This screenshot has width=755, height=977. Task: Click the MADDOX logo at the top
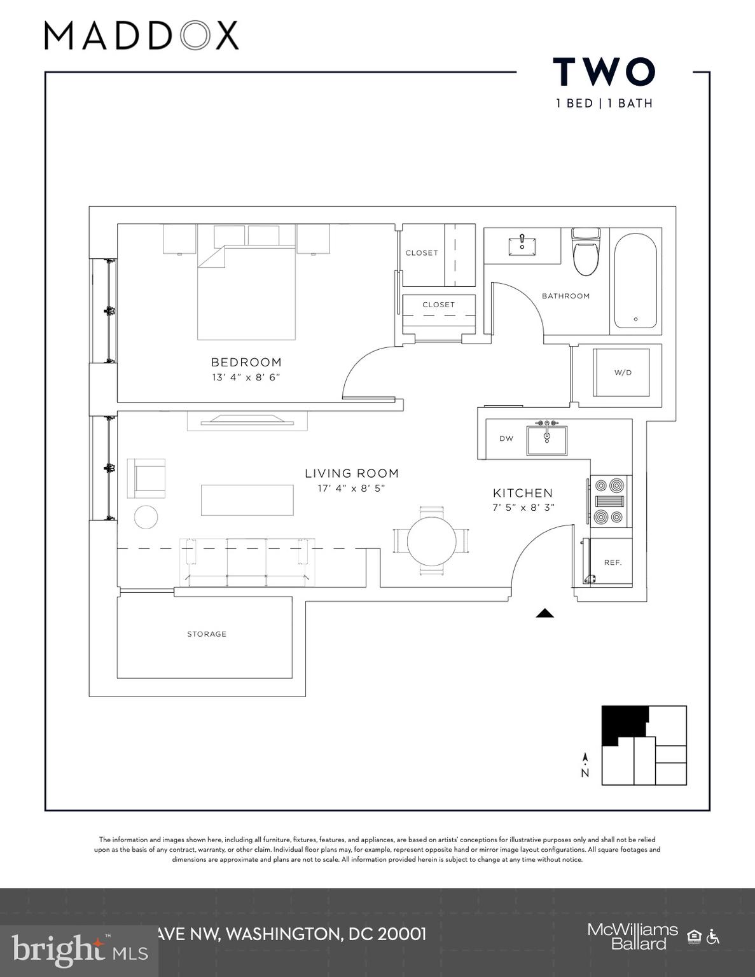click(141, 36)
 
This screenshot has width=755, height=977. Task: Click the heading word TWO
click(604, 72)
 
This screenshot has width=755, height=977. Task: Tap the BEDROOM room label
click(246, 363)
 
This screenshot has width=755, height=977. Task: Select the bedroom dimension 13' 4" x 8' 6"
click(246, 378)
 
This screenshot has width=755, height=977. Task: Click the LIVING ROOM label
click(352, 473)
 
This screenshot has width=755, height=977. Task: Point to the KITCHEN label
click(523, 493)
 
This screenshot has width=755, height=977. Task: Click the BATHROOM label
click(565, 296)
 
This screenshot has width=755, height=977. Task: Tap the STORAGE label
click(207, 634)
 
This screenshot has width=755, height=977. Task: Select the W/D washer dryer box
click(621, 372)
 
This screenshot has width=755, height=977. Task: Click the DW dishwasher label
click(506, 439)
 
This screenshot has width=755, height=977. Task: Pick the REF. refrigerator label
click(613, 562)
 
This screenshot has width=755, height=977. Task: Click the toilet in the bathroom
click(586, 253)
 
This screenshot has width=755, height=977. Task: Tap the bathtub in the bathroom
click(635, 281)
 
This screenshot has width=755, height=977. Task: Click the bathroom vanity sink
click(522, 244)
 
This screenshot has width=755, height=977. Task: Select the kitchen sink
click(546, 439)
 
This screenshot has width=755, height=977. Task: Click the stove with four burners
click(609, 501)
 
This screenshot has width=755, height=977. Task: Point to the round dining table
click(431, 541)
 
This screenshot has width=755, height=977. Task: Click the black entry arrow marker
click(544, 613)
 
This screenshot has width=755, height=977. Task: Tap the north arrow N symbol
click(585, 766)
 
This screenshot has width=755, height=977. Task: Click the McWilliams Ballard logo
click(632, 936)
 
